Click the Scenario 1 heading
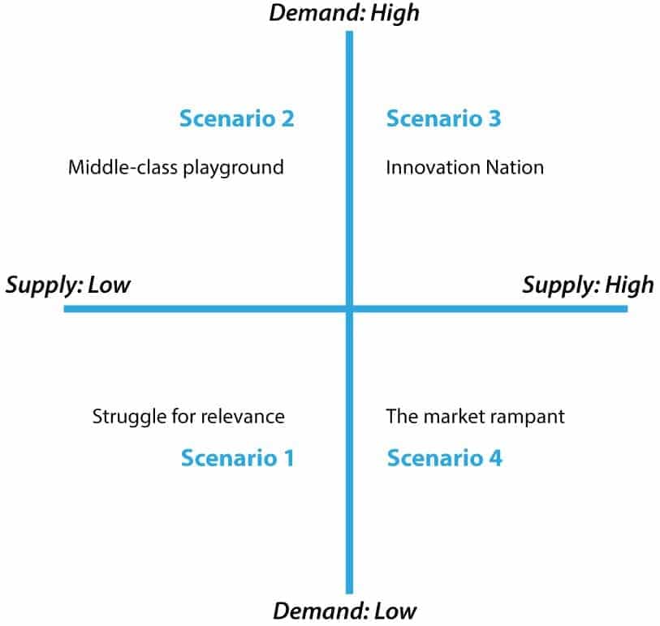click(237, 458)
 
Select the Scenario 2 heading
click(236, 119)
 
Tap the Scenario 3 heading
click(443, 119)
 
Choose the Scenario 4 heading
click(444, 458)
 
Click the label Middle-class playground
click(175, 168)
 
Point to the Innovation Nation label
click(464, 168)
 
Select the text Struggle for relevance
click(188, 417)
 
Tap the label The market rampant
click(475, 417)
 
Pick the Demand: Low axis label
click(345, 611)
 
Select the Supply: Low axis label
click(68, 285)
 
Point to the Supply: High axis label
click(588, 285)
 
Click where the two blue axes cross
click(350, 309)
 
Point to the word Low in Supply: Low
click(110, 285)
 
